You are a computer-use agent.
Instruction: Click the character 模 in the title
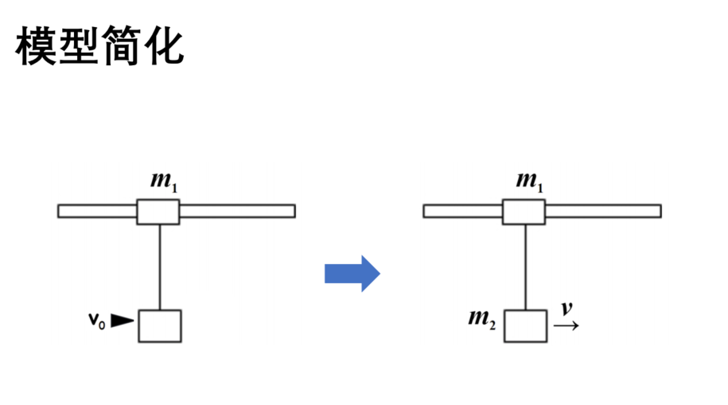point(36,45)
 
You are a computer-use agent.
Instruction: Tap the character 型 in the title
point(79,45)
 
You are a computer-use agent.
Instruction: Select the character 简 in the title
point(121,45)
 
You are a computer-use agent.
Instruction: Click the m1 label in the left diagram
point(164,181)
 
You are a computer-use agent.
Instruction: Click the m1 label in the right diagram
point(530,181)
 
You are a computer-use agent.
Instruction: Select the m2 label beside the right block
point(482,319)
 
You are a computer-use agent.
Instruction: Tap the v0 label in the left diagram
point(97,321)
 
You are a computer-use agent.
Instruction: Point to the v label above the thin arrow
point(566,309)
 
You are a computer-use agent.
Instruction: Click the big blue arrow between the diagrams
point(352,274)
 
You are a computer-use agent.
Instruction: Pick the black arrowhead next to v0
point(122,321)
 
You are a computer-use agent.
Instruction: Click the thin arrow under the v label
point(566,325)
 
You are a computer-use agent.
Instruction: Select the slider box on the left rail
point(158,212)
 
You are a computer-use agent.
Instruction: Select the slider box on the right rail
point(524,212)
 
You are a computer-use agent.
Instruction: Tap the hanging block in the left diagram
point(160,326)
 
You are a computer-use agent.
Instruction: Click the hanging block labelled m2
point(526,326)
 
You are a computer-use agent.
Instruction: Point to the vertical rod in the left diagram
point(160,267)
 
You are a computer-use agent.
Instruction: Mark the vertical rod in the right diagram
point(526,267)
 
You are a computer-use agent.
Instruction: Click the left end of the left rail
point(58,212)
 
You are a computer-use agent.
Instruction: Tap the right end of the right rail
point(661,212)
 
